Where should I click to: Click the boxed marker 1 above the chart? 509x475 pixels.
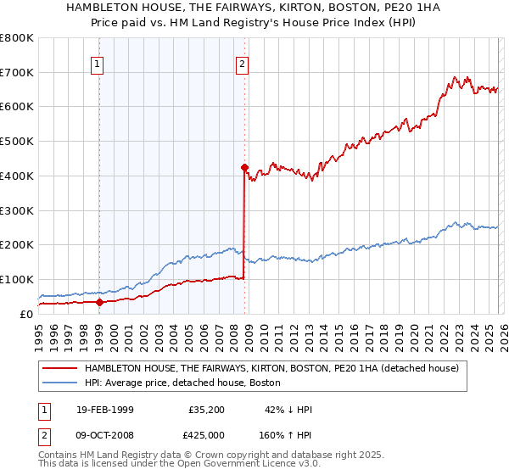98,63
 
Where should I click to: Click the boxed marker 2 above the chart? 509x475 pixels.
243,63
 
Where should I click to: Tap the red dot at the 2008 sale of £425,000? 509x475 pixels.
244,167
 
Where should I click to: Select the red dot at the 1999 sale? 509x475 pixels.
99,301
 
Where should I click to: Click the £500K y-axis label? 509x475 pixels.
17,141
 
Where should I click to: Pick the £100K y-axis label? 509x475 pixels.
17,279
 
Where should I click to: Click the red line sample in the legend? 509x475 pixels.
59,368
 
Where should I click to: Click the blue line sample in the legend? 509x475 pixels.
59,383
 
